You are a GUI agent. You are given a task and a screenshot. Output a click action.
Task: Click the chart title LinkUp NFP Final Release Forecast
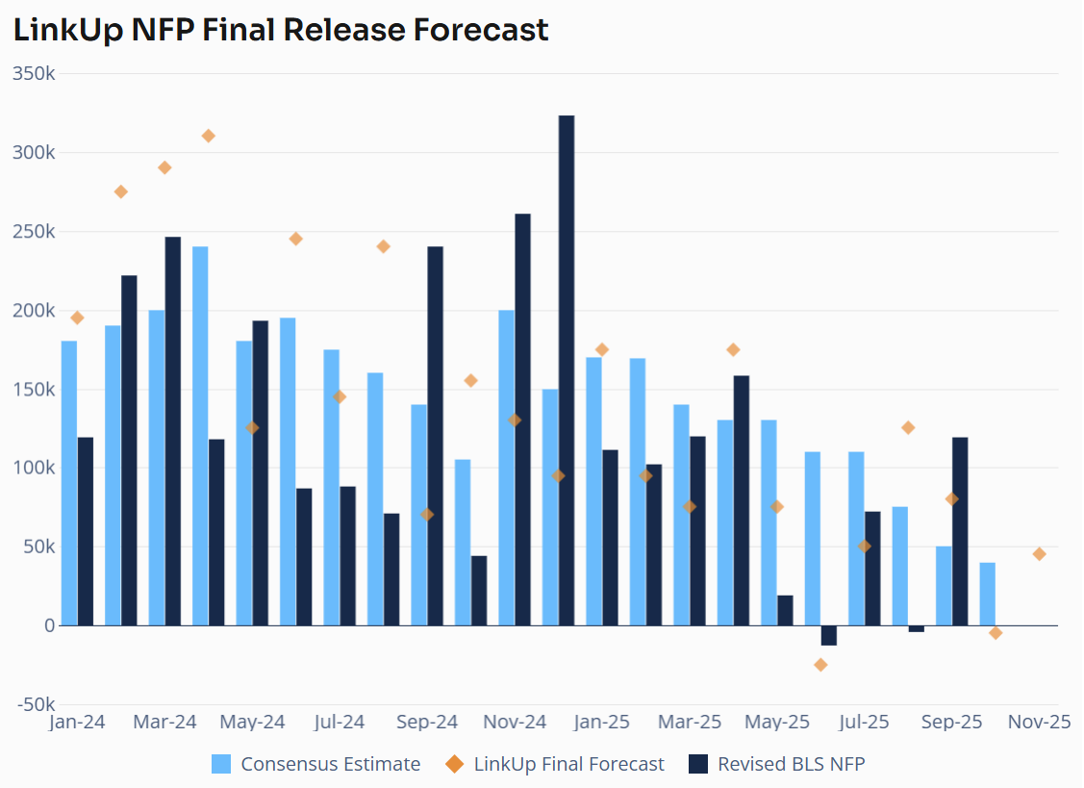(x=281, y=30)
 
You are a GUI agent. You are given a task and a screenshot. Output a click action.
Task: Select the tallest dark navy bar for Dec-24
(x=567, y=370)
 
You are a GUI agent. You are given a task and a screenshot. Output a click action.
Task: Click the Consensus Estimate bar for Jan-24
(x=69, y=483)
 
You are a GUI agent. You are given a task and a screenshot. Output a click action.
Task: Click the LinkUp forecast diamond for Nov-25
(x=1039, y=554)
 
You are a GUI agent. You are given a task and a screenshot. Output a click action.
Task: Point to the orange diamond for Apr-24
(x=209, y=136)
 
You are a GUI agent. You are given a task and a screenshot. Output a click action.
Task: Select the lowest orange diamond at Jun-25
(x=820, y=665)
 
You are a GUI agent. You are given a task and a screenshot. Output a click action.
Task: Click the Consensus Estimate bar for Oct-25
(x=987, y=594)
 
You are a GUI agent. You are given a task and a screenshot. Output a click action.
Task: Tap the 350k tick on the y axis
(x=34, y=74)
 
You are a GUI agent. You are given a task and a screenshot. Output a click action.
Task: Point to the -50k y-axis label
(x=34, y=704)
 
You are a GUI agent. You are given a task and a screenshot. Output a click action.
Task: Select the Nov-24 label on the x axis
(x=514, y=722)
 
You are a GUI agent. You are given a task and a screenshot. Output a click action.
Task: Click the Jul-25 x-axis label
(x=864, y=722)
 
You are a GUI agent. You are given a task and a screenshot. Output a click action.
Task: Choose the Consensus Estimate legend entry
(x=316, y=764)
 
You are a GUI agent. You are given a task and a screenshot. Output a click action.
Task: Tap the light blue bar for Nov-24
(x=506, y=468)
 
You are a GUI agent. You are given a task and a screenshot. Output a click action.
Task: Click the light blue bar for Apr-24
(x=200, y=436)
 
